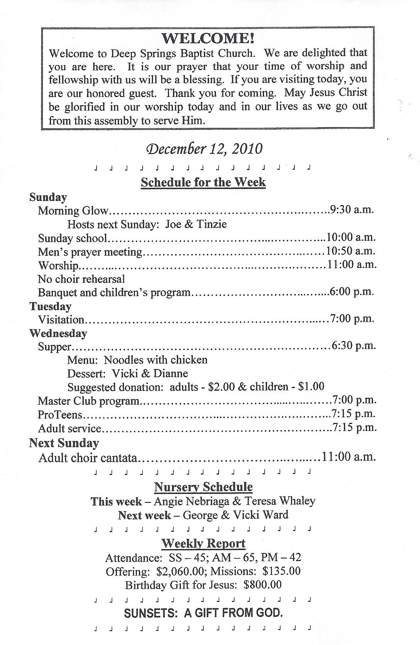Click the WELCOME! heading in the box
click(x=208, y=38)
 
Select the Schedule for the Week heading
click(x=203, y=182)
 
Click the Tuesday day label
click(x=51, y=306)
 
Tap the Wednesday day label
click(x=58, y=333)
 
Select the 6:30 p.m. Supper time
click(x=354, y=345)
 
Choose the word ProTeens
click(x=60, y=415)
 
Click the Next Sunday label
click(x=64, y=443)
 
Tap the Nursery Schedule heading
click(x=203, y=487)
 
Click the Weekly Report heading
click(x=203, y=543)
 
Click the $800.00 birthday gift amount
click(x=263, y=585)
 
